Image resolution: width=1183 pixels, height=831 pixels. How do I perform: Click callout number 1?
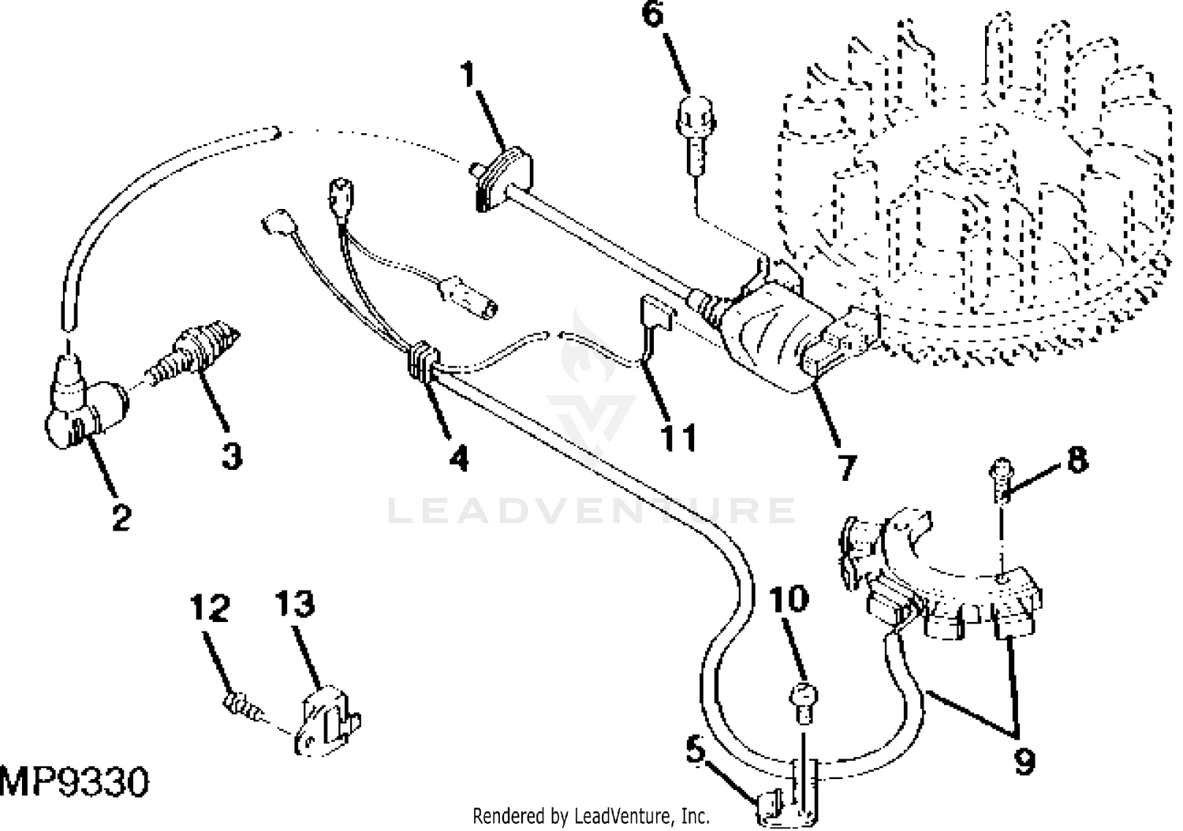(x=469, y=76)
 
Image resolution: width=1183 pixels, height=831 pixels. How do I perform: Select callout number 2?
(x=120, y=517)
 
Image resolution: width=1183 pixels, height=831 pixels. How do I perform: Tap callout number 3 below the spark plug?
(x=231, y=456)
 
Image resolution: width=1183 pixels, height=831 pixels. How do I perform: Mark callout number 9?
(x=1024, y=761)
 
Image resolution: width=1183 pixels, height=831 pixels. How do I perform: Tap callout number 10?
(x=789, y=600)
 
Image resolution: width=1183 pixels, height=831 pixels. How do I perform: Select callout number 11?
(x=679, y=436)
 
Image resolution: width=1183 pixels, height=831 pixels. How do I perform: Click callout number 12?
(x=209, y=609)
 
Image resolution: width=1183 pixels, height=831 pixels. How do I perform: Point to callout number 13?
(x=295, y=605)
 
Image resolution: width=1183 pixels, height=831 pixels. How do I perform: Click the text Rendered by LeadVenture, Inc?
(x=591, y=816)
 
